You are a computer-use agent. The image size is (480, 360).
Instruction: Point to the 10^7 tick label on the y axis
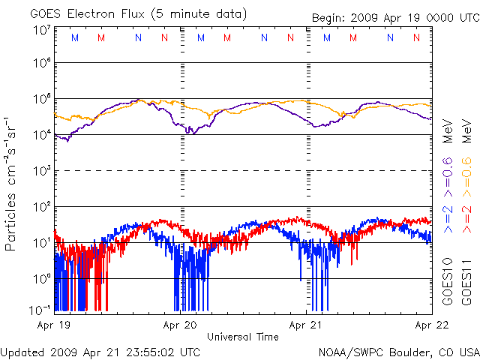41,31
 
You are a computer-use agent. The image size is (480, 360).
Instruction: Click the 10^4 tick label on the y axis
41,135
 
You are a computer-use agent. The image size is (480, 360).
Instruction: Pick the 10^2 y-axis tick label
41,206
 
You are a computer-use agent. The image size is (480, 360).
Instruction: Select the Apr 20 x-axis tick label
181,326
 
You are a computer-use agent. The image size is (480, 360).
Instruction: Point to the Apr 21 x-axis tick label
307,326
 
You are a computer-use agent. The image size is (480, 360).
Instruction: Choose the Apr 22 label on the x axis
432,326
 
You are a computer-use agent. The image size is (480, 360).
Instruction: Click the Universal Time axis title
243,337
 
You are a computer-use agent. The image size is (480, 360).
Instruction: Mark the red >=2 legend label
466,217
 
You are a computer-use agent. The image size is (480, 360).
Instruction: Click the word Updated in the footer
22,351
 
